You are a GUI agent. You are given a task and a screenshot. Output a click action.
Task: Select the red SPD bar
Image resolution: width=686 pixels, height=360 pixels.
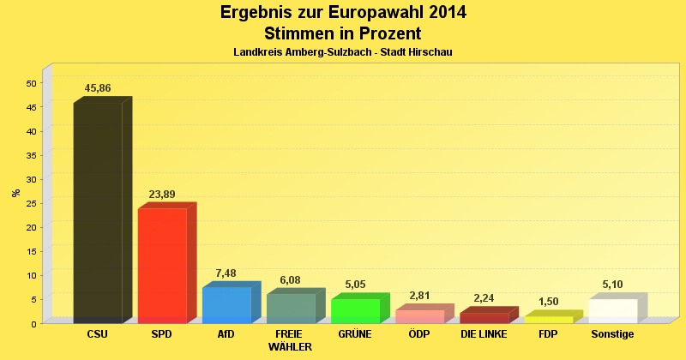(162, 265)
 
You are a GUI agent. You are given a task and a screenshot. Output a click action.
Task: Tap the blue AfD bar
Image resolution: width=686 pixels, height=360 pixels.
(226, 304)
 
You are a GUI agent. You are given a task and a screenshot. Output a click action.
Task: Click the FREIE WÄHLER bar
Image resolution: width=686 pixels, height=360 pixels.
(291, 308)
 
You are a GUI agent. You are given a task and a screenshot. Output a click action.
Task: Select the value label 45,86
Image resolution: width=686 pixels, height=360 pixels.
(98, 88)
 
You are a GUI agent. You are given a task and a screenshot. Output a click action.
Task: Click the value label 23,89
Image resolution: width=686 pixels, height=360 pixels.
(162, 195)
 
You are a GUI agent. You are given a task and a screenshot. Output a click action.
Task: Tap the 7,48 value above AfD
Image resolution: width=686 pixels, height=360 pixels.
(226, 273)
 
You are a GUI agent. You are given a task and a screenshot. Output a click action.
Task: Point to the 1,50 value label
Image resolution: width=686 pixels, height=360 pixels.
(548, 302)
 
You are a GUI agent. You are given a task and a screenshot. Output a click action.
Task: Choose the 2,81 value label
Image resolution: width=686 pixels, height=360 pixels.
(419, 296)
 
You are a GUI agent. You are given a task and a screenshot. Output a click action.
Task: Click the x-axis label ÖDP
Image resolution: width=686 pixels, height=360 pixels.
(419, 334)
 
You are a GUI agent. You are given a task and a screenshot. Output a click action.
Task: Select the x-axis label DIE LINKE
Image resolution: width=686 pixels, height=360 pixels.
(484, 334)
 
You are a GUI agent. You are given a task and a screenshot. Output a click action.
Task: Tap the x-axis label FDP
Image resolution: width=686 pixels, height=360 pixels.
(548, 334)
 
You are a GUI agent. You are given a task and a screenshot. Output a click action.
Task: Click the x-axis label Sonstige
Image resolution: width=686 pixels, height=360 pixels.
(612, 334)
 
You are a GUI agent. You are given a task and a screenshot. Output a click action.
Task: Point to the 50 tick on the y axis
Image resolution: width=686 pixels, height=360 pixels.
(32, 83)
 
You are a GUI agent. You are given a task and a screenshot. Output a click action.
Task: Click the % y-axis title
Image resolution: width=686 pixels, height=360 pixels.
(15, 193)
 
